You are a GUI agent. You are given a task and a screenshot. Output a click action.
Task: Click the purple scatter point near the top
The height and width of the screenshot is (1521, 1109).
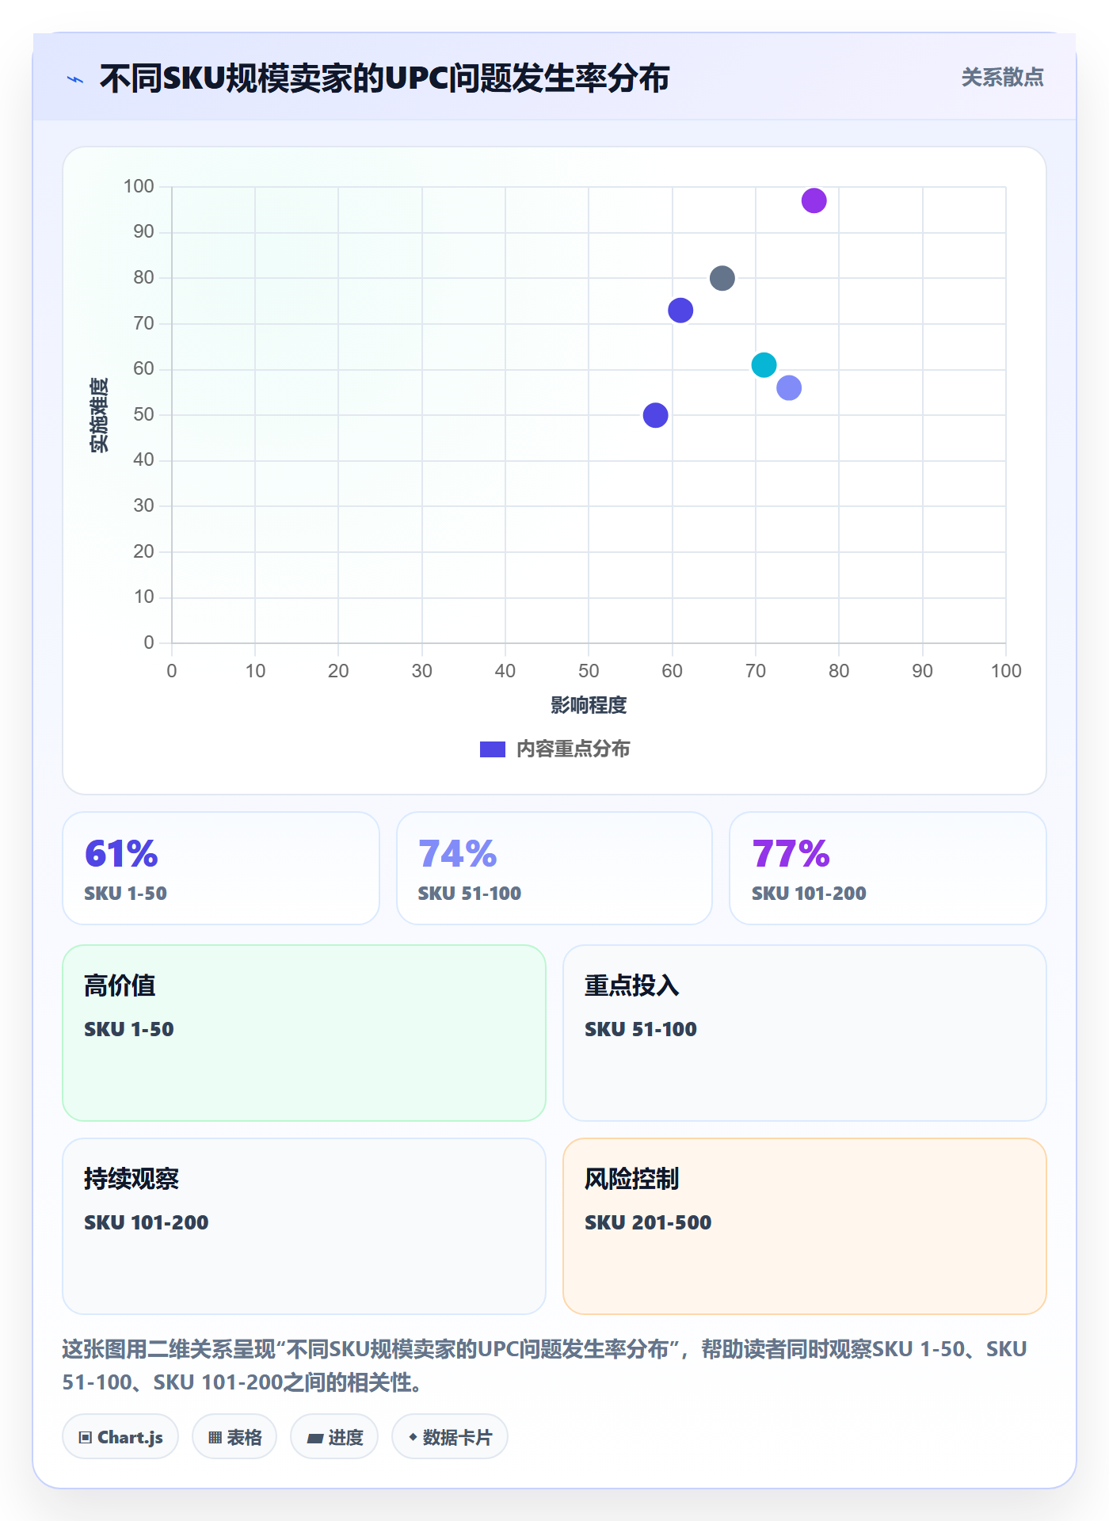(x=814, y=201)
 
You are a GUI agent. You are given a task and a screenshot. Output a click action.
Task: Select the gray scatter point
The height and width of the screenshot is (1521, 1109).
(x=722, y=278)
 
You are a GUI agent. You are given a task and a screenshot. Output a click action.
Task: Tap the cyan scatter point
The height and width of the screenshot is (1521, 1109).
(x=764, y=365)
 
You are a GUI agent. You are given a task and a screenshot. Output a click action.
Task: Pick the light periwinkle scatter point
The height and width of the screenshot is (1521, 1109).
(x=789, y=388)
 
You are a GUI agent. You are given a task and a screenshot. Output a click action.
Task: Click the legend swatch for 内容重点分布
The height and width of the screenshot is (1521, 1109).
(x=493, y=749)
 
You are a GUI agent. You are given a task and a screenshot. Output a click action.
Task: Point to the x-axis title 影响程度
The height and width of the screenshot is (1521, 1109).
(x=589, y=705)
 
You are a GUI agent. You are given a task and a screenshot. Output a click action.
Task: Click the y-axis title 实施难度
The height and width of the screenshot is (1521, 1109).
(x=99, y=415)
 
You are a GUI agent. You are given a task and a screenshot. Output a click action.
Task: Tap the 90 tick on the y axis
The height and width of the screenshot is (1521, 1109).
(x=143, y=231)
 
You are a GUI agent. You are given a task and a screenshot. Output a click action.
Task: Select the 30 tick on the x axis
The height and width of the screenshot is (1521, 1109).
(x=421, y=671)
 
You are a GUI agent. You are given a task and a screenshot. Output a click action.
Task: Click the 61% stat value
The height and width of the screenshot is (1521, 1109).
(x=121, y=854)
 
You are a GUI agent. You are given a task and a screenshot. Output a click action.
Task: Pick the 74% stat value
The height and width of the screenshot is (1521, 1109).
(x=457, y=854)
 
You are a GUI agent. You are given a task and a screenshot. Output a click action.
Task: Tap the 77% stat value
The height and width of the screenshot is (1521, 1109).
(x=791, y=854)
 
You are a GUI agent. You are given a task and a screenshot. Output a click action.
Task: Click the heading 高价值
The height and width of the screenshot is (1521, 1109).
(x=120, y=985)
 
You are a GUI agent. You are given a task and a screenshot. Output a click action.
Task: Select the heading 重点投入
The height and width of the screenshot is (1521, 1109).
(x=631, y=985)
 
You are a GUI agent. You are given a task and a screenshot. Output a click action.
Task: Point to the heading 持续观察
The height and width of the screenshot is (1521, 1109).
(x=131, y=1179)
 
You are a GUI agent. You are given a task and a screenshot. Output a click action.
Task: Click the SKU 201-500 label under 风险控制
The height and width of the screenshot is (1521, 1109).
(x=648, y=1222)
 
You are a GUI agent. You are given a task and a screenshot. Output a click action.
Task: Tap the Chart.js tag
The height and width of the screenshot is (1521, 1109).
(x=120, y=1437)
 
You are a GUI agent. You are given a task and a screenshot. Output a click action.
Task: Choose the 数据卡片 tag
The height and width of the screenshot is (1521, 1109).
(x=450, y=1437)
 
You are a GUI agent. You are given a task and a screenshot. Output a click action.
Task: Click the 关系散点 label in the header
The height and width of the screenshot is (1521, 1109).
(x=1002, y=78)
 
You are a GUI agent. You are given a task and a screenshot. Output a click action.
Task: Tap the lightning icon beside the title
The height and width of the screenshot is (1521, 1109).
(x=75, y=79)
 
